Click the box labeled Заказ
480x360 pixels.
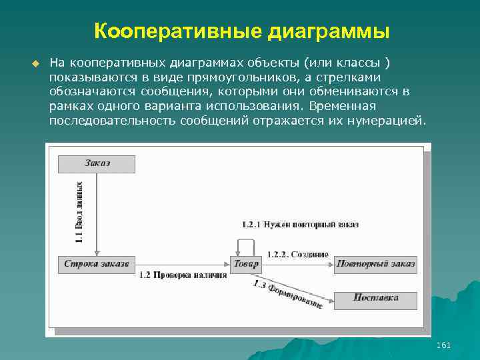pyautogui.click(x=97, y=163)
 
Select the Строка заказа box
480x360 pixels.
pyautogui.click(x=97, y=264)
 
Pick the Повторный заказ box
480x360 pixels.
pyautogui.click(x=376, y=264)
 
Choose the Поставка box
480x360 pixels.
pyautogui.click(x=376, y=298)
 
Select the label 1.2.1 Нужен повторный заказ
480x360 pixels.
pyautogui.click(x=300, y=225)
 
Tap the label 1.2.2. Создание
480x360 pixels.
pyautogui.click(x=298, y=254)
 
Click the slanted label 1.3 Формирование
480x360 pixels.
pyautogui.click(x=288, y=293)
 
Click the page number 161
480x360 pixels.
pyautogui.click(x=443, y=345)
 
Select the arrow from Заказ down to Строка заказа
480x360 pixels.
pyautogui.click(x=97, y=213)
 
